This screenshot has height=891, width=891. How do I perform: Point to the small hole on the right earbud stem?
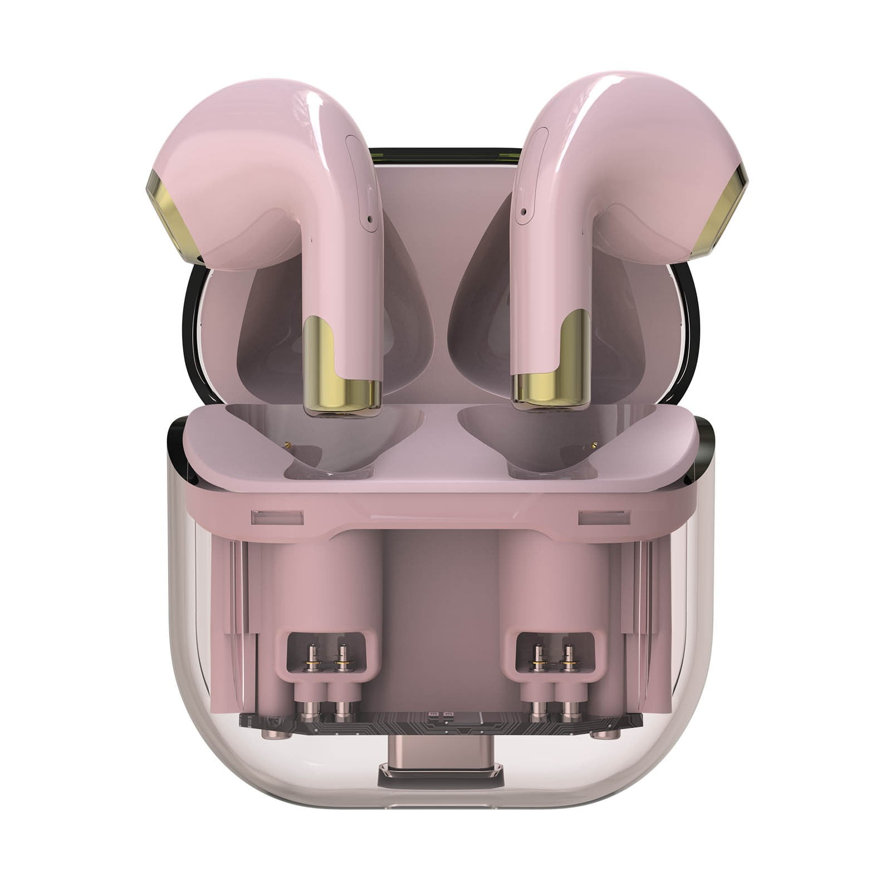[523, 212]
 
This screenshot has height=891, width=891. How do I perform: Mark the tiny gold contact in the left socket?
[288, 444]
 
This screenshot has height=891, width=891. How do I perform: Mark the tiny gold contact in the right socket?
[594, 444]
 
